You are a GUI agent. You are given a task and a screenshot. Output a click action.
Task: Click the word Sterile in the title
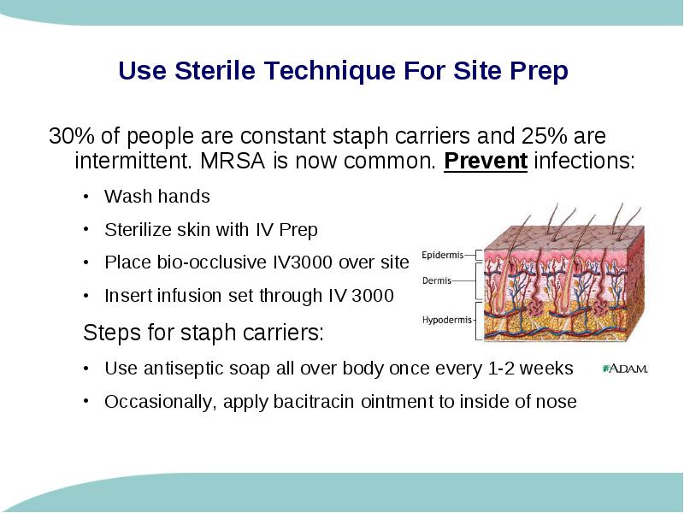(215, 70)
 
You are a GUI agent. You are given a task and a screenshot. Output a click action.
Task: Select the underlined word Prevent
(486, 161)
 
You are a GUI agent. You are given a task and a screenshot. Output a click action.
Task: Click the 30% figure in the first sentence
(72, 136)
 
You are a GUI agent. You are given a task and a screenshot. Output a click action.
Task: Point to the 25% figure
(544, 136)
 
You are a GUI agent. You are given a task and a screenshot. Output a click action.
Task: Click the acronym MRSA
(233, 161)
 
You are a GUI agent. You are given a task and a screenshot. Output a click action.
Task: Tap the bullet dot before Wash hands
(86, 197)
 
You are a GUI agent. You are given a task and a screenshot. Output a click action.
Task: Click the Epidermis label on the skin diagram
(442, 255)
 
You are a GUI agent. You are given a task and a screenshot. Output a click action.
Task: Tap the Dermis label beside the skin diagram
(437, 280)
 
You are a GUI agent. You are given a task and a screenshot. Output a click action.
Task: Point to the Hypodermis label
(446, 320)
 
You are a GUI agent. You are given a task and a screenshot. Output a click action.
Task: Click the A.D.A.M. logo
(625, 369)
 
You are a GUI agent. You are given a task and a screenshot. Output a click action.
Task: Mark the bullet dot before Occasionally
(86, 401)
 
